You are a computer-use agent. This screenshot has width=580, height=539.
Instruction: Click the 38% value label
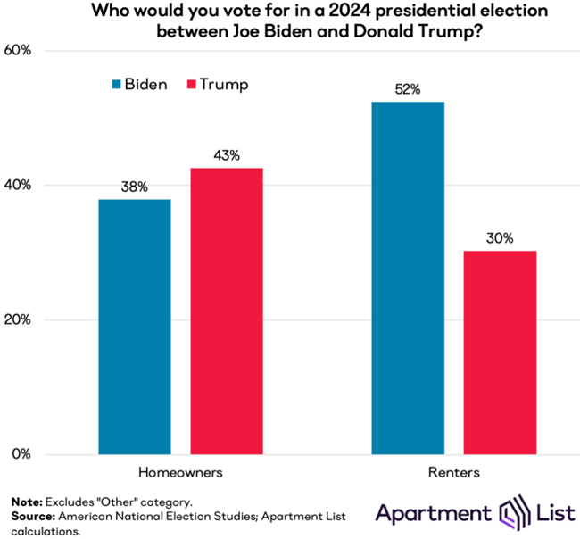(x=135, y=187)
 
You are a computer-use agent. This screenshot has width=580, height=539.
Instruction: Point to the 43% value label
(x=227, y=155)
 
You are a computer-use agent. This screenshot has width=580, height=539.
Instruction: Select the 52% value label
(x=407, y=89)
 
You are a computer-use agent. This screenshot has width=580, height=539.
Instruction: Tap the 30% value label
(x=499, y=238)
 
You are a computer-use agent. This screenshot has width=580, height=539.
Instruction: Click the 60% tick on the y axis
(x=19, y=51)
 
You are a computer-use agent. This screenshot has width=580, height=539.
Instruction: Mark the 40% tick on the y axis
(x=19, y=186)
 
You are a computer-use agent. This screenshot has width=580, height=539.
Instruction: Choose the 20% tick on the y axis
(x=19, y=320)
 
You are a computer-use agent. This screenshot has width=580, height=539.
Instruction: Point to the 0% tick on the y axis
(x=22, y=454)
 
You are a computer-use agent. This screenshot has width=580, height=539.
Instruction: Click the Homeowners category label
(x=179, y=471)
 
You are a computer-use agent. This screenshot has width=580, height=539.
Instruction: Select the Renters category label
(x=453, y=471)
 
